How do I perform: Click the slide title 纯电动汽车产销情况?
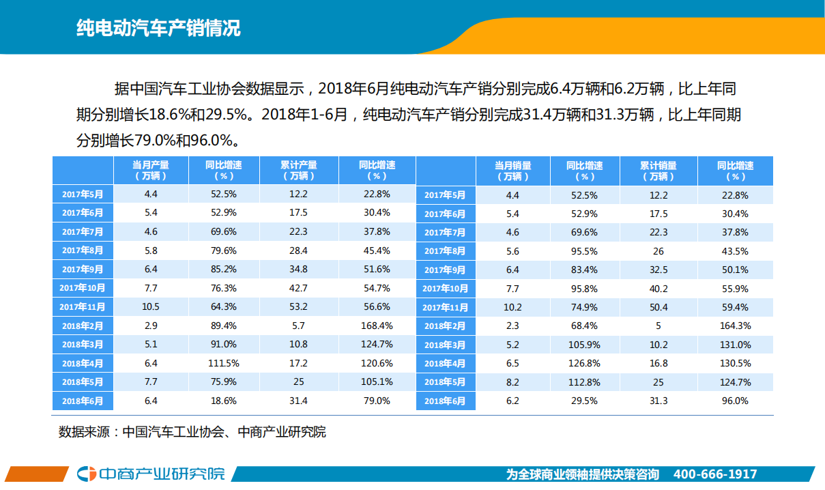click(x=158, y=29)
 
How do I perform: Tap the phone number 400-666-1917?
click(x=714, y=474)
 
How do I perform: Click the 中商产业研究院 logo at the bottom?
click(x=151, y=474)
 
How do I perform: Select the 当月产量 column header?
click(x=151, y=170)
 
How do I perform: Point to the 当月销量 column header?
click(x=512, y=170)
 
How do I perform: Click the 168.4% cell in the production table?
click(x=377, y=326)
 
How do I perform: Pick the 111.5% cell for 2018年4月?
click(x=224, y=363)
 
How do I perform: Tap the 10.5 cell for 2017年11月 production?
click(x=151, y=306)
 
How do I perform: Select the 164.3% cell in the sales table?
click(x=735, y=326)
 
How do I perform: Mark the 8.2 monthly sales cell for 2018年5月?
click(x=512, y=382)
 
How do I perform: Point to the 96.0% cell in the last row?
click(x=735, y=401)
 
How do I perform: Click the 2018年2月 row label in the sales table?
click(x=445, y=326)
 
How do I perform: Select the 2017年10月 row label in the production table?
click(x=83, y=288)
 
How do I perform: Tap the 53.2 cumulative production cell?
click(x=298, y=306)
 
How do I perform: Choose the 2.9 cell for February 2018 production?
click(x=151, y=326)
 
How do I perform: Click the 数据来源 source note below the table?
click(x=192, y=432)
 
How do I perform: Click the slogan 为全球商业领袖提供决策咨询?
click(x=582, y=474)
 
